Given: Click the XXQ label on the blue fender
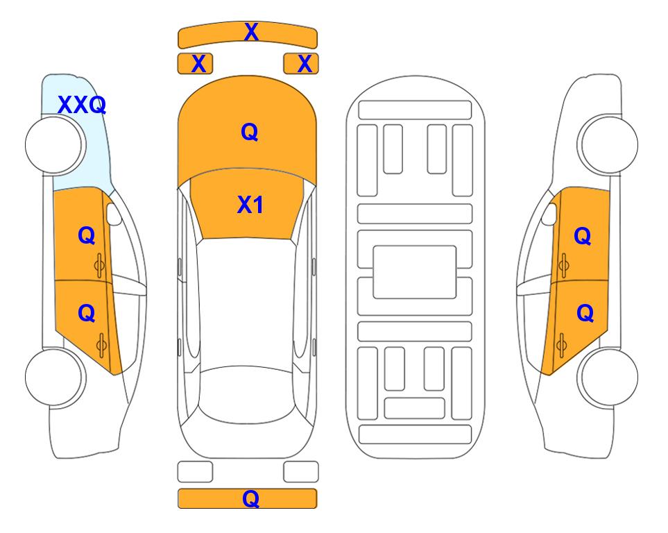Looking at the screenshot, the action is (82, 105).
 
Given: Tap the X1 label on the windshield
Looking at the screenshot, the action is (250, 205).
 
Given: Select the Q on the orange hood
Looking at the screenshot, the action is (250, 132).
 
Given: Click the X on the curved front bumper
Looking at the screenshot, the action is (251, 32).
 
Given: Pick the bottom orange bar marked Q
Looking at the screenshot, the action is (248, 498).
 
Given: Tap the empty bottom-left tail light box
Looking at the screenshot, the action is (195, 472).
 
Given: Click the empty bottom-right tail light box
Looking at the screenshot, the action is (301, 472).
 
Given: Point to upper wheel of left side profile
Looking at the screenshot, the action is (55, 145).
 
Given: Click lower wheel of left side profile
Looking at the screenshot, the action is (55, 378).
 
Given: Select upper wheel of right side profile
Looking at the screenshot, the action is (608, 144).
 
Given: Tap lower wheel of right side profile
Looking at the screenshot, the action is (608, 378).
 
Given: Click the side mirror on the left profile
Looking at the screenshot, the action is (114, 214).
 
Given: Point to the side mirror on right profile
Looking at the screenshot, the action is (549, 214).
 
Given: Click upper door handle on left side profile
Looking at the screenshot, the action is (100, 265).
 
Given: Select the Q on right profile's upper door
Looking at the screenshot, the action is (583, 236).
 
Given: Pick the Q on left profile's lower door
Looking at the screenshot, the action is (87, 314).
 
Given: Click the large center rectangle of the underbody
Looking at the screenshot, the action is (415, 272).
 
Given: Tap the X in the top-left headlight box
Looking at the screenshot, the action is (199, 64).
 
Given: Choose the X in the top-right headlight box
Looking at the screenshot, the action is (305, 64).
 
